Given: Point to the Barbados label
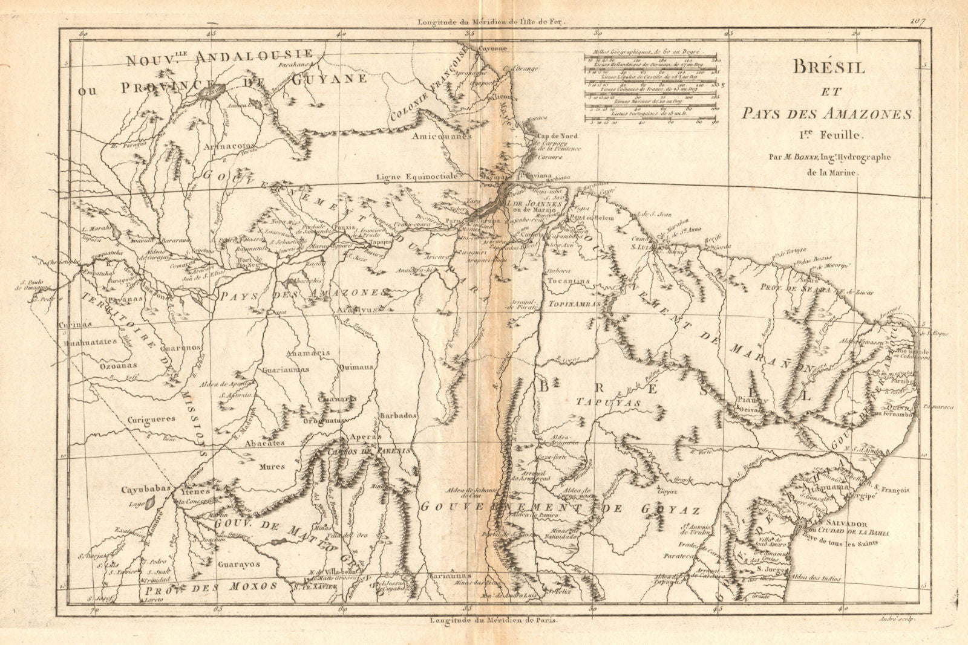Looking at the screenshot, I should pos(397,416).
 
